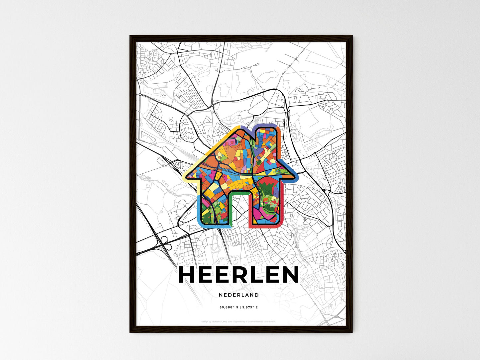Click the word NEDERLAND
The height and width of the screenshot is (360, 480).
pos(239,295)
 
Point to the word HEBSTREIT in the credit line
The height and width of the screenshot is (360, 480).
pos(217,321)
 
